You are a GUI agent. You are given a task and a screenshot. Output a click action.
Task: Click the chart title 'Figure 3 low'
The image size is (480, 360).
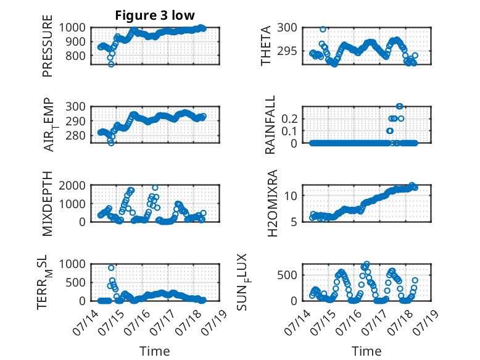pyautogui.click(x=155, y=15)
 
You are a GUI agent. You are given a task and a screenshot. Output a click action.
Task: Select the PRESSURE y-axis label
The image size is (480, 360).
pyautogui.click(x=48, y=46)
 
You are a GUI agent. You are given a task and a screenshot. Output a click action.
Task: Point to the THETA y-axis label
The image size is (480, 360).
pyautogui.click(x=266, y=46)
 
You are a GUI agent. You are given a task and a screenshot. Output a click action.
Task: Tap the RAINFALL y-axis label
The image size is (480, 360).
pyautogui.click(x=270, y=125)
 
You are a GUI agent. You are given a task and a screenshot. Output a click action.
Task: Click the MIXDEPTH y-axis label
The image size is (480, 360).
pyautogui.click(x=48, y=204)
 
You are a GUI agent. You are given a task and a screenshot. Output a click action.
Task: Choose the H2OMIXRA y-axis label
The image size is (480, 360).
pyautogui.click(x=272, y=203)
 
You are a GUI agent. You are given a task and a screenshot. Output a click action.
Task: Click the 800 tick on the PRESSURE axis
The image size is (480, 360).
pyautogui.click(x=76, y=56)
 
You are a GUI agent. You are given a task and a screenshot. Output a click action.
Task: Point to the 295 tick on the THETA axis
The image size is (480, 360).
pyautogui.click(x=287, y=51)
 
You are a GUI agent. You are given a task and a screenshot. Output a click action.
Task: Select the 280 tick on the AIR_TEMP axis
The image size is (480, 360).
pyautogui.click(x=76, y=135)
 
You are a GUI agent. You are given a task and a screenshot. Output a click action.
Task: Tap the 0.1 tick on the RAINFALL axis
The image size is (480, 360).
pyautogui.click(x=289, y=131)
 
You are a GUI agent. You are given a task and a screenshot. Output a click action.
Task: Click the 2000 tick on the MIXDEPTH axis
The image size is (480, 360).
pyautogui.click(x=72, y=185)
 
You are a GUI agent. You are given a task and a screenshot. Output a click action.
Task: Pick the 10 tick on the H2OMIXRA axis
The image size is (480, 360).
pyautogui.click(x=291, y=196)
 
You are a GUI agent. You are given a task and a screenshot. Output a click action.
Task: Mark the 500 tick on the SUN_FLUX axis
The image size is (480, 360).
pyautogui.click(x=287, y=275)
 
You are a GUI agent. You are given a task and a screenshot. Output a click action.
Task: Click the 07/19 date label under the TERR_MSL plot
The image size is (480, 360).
pyautogui.click(x=215, y=322)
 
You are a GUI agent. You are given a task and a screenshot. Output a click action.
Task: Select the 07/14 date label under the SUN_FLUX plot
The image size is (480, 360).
pyautogui.click(x=297, y=322)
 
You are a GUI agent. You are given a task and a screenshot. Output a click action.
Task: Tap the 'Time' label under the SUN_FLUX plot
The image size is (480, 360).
pyautogui.click(x=366, y=351)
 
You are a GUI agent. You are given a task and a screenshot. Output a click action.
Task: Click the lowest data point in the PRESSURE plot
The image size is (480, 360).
pyautogui.click(x=111, y=64)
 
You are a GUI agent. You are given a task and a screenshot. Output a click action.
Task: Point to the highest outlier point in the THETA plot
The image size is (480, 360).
pyautogui.click(x=323, y=30)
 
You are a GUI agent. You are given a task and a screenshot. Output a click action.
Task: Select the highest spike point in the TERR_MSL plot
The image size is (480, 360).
pyautogui.click(x=111, y=268)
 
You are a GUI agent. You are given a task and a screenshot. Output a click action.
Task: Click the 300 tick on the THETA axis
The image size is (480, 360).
pyautogui.click(x=287, y=28)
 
